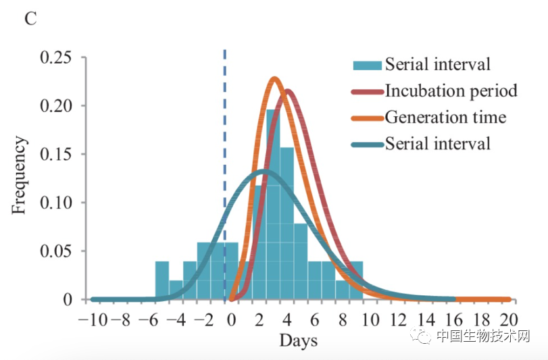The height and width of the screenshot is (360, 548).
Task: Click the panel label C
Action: (x=30, y=18)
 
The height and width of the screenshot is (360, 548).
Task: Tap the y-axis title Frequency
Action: (x=20, y=176)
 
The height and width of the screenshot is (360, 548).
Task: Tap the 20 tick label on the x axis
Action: (x=509, y=318)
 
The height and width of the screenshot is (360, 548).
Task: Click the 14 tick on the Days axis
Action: (x=426, y=318)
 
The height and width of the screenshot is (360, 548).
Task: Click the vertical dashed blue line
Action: (x=224, y=169)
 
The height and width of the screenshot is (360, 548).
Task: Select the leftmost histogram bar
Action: (x=162, y=280)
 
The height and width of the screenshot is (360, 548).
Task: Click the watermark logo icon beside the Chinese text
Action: (x=423, y=336)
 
